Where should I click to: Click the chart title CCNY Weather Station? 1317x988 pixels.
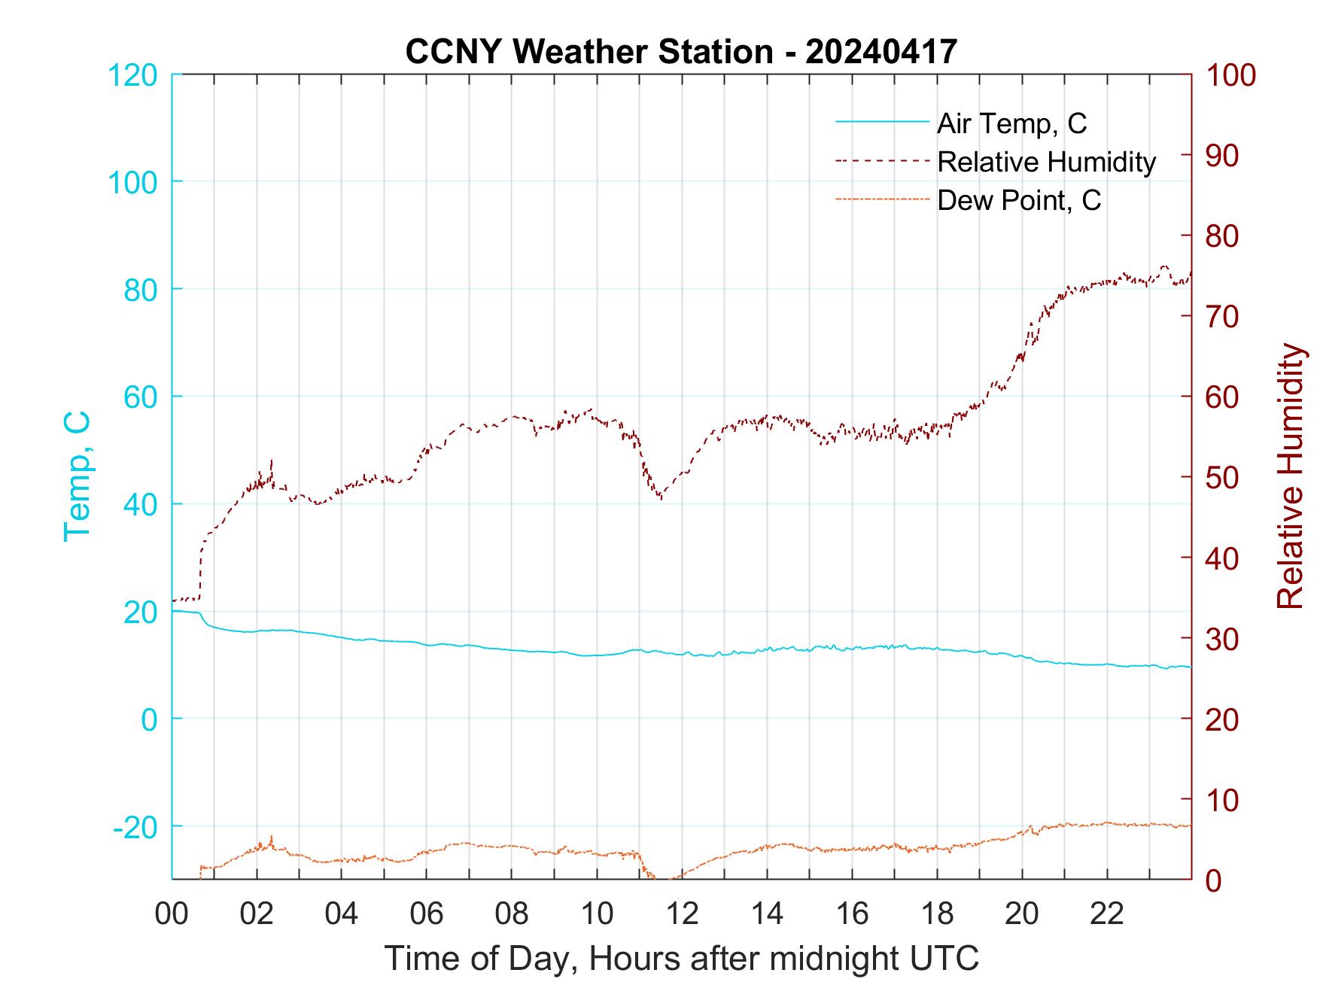click(589, 52)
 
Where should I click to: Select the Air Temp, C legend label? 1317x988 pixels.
click(1011, 123)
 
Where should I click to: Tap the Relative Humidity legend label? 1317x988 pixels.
click(1046, 162)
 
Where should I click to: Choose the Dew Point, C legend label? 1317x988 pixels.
click(1019, 200)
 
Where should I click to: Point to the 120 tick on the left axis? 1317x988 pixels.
click(132, 75)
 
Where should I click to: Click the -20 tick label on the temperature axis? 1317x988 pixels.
click(135, 827)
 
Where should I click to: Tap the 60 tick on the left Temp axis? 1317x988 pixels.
click(140, 397)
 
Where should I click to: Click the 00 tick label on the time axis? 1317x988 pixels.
click(172, 914)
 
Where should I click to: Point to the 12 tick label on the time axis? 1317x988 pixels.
click(682, 914)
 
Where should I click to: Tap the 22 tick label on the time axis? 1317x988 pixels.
click(1107, 914)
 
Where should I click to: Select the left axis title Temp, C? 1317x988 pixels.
click(77, 476)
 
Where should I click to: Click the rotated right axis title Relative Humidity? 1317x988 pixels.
click(1290, 476)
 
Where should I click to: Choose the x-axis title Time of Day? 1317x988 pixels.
click(682, 958)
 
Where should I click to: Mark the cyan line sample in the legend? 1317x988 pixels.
click(881, 121)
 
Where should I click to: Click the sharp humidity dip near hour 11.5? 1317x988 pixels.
click(660, 497)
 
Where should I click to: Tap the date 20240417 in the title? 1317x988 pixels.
click(881, 52)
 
